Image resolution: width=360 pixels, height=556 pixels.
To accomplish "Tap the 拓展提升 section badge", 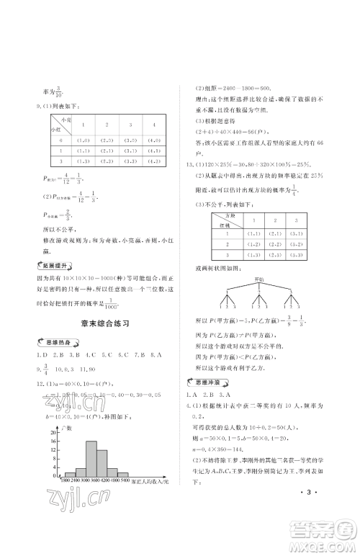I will point(58,264).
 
